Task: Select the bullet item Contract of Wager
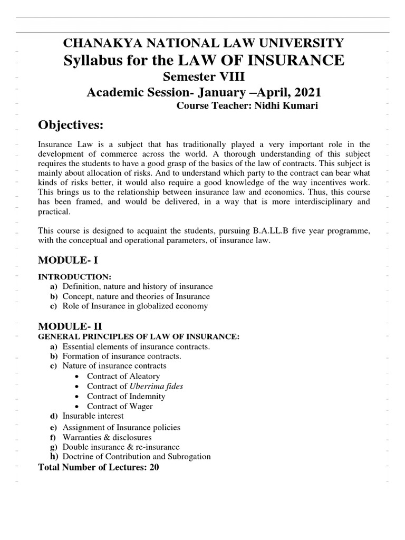click(x=120, y=406)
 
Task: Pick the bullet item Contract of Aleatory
click(x=123, y=376)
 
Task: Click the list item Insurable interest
click(x=93, y=416)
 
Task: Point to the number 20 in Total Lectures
click(x=153, y=467)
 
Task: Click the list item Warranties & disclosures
click(x=107, y=437)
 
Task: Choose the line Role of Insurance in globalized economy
click(x=135, y=306)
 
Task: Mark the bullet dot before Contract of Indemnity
click(x=78, y=396)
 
